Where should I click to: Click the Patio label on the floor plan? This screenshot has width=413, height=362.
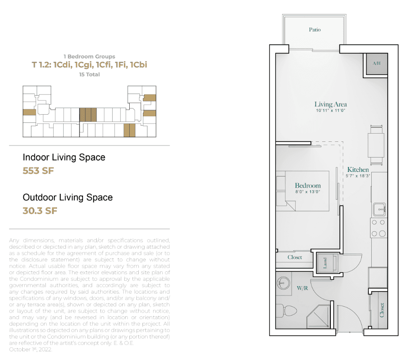pyautogui.click(x=315, y=29)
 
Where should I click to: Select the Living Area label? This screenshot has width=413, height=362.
pyautogui.click(x=330, y=104)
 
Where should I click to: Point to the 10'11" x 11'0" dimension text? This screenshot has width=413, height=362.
pyautogui.click(x=330, y=110)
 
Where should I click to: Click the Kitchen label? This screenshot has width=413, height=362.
pyautogui.click(x=358, y=169)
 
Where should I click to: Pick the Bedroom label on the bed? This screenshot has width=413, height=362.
pyautogui.click(x=308, y=186)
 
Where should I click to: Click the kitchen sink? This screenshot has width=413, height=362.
pyautogui.click(x=379, y=209)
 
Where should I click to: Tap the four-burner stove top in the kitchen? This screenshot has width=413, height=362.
pyautogui.click(x=378, y=228)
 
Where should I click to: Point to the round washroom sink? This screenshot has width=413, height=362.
pyautogui.click(x=283, y=283)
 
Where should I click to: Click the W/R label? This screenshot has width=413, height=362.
pyautogui.click(x=302, y=288)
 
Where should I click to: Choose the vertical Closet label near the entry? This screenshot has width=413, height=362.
pyautogui.click(x=382, y=310)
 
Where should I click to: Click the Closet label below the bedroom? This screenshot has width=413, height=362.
pyautogui.click(x=295, y=257)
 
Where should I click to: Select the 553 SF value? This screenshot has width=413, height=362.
pyautogui.click(x=38, y=171)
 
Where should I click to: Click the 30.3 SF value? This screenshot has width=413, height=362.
pyautogui.click(x=40, y=211)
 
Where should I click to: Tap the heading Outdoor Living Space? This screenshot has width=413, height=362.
pyautogui.click(x=68, y=197)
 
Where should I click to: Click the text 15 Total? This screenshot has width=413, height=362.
pyautogui.click(x=89, y=74)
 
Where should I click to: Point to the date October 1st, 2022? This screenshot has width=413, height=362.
pyautogui.click(x=31, y=349)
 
